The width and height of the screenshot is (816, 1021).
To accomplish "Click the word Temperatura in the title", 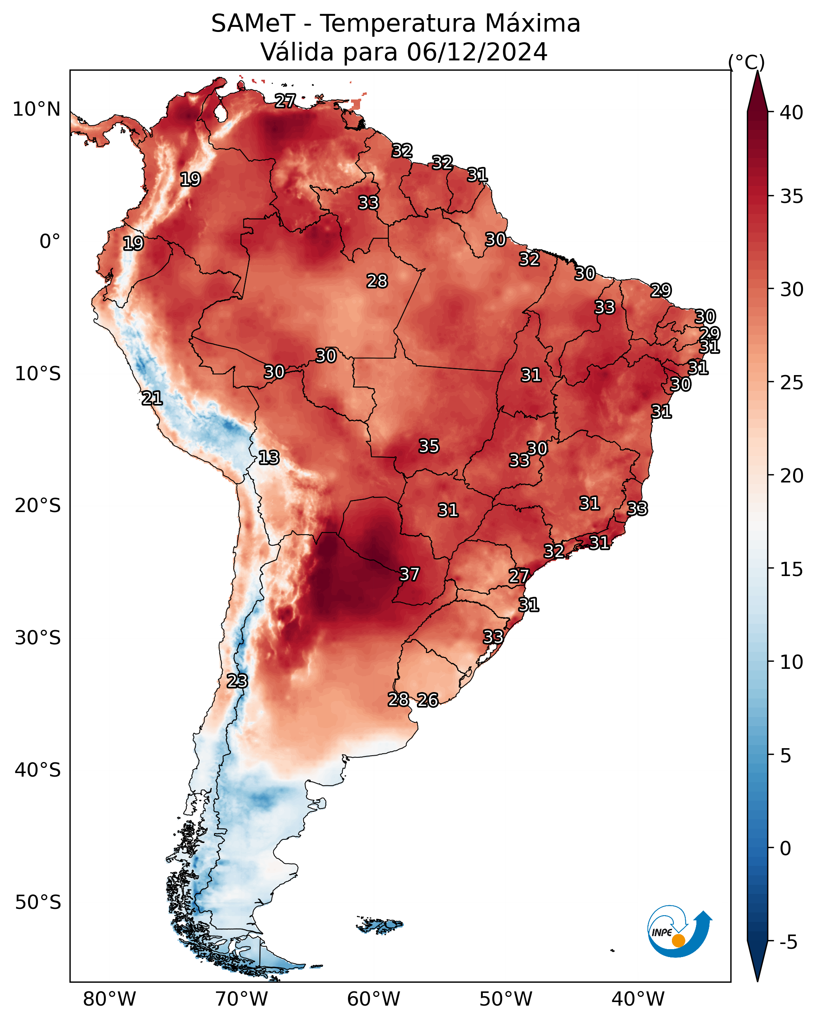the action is [397, 24].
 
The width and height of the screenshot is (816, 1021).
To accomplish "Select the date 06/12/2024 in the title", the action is [477, 52].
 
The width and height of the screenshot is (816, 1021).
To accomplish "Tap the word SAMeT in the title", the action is [253, 24].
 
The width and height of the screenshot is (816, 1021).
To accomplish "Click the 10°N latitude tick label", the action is [36, 109].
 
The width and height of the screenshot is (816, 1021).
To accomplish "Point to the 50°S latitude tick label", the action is [38, 903].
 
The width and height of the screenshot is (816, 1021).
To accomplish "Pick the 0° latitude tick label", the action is [50, 242].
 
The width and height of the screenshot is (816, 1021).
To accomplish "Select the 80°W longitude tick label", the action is [109, 999].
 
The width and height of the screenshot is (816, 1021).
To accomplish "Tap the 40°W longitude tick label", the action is [638, 999].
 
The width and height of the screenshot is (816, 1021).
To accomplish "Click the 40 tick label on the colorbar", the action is [792, 113].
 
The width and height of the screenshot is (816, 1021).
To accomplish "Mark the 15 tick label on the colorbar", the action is [792, 569].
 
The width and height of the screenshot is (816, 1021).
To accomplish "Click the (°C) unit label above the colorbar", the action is [747, 62].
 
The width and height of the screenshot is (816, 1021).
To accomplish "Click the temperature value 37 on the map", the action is [409, 574].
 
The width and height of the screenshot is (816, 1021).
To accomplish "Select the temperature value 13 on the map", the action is [268, 458].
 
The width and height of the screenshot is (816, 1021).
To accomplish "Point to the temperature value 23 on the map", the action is [237, 681].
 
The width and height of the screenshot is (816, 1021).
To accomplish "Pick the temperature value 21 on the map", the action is [152, 398].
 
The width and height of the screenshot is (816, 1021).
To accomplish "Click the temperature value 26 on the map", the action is [428, 700].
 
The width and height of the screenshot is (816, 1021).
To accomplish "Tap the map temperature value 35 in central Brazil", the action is [429, 446].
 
